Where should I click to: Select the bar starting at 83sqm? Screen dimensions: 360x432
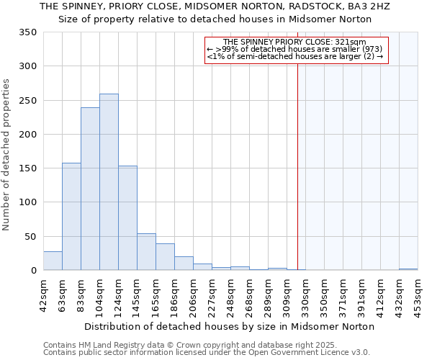pos(90,189)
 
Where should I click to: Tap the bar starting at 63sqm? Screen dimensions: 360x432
pos(71,217)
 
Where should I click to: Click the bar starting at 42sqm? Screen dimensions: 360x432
pos(53,261)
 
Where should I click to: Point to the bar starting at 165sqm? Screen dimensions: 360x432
pos(165,257)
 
